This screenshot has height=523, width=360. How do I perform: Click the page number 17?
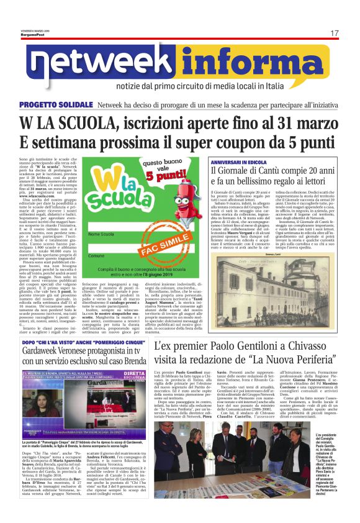[x=334, y=33]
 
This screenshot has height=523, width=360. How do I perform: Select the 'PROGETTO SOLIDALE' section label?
[x=56, y=105]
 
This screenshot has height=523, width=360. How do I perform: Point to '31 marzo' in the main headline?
[x=294, y=123]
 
